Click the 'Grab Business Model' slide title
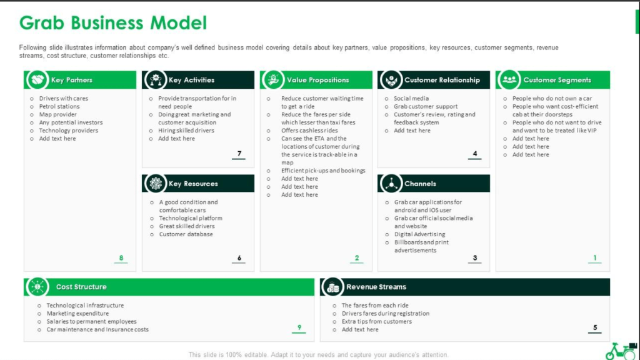pyautogui.click(x=113, y=23)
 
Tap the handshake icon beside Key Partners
pyautogui.click(x=37, y=79)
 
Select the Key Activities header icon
pyautogui.click(x=156, y=79)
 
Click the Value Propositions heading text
pyautogui.click(x=318, y=80)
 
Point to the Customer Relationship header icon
pyautogui.click(x=391, y=79)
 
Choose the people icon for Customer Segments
pyautogui.click(x=509, y=79)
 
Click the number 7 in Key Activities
pyautogui.click(x=239, y=154)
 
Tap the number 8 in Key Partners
pyautogui.click(x=121, y=258)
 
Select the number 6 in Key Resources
pyautogui.click(x=239, y=258)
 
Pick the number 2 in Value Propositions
pyautogui.click(x=357, y=258)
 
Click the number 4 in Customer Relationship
pyautogui.click(x=475, y=154)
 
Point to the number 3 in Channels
pyautogui.click(x=475, y=258)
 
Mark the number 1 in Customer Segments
pyautogui.click(x=595, y=258)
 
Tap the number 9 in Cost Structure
pyautogui.click(x=299, y=327)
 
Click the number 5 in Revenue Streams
pyautogui.click(x=595, y=327)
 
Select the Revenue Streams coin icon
pyautogui.click(x=332, y=287)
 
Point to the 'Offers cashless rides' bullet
pyautogui.click(x=309, y=131)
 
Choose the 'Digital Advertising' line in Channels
pyautogui.click(x=419, y=234)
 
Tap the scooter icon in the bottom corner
pyautogui.click(x=621, y=351)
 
